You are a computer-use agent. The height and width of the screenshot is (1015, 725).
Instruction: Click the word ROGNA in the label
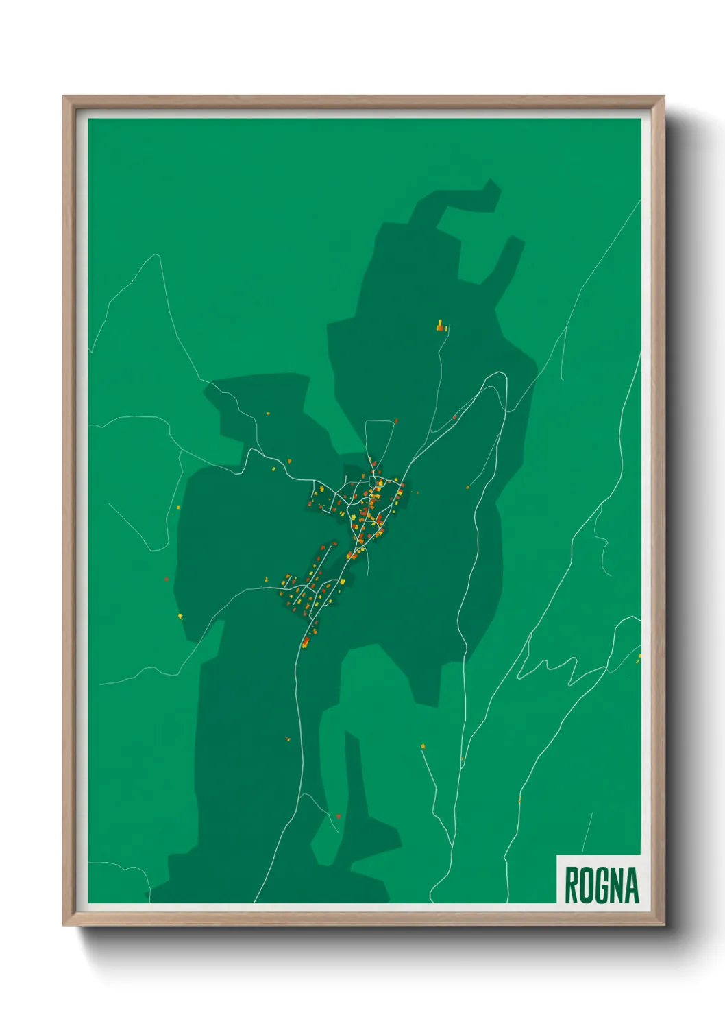click(x=601, y=885)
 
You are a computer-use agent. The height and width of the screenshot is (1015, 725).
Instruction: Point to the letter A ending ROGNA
click(x=632, y=885)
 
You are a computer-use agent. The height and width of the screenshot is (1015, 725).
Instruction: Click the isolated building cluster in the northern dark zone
click(x=441, y=326)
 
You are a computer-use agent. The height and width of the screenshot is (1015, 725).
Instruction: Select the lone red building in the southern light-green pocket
click(x=338, y=816)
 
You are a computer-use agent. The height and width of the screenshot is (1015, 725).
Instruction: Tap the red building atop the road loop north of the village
click(x=395, y=421)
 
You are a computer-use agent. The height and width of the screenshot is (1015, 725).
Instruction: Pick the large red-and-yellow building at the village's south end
click(x=306, y=643)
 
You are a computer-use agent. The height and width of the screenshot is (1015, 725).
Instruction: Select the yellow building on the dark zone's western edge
click(x=180, y=617)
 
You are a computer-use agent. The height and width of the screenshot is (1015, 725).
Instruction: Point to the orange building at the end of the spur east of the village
click(x=469, y=486)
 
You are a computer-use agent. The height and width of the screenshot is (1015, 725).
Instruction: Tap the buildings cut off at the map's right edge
click(x=639, y=658)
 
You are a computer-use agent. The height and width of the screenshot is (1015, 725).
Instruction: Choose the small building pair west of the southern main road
click(x=287, y=739)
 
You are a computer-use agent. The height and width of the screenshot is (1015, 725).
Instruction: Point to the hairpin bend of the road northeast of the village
click(x=500, y=377)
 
